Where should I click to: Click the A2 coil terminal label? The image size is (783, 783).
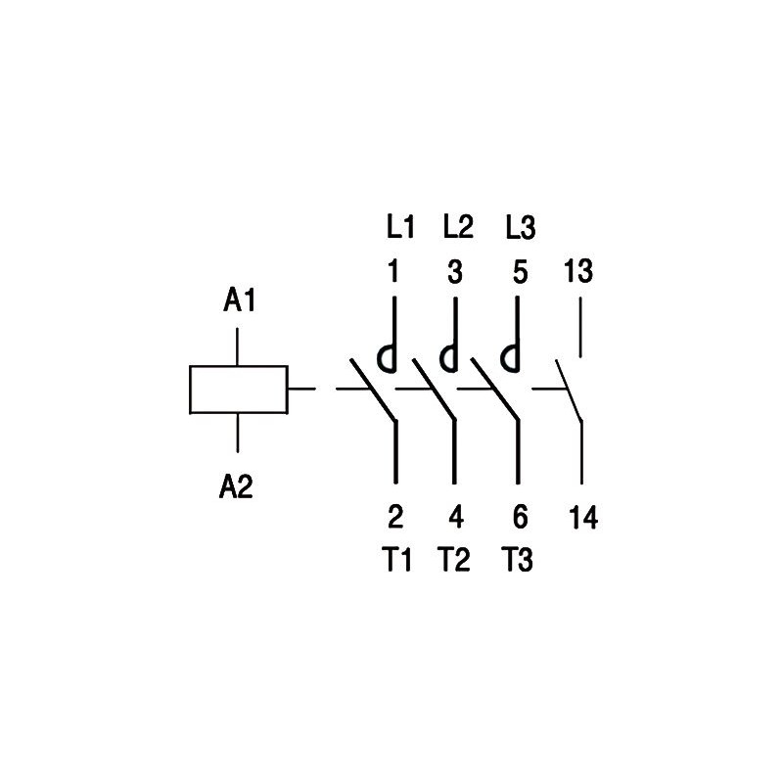[236, 485]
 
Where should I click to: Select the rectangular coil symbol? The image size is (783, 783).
[238, 390]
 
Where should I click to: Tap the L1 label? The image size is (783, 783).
[399, 229]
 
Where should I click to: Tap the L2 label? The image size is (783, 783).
[458, 227]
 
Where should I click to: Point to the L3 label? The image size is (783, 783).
[521, 229]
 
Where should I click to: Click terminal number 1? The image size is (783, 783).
[393, 272]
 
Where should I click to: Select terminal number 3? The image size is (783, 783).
[455, 272]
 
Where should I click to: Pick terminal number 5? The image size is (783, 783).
[520, 272]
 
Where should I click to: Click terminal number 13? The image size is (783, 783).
[578, 272]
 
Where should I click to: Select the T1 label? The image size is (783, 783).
[396, 561]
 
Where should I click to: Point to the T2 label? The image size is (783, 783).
[455, 561]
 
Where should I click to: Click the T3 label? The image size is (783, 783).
[518, 561]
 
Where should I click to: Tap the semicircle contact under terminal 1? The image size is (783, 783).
[388, 359]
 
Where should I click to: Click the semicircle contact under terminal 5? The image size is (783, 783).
[509, 359]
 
